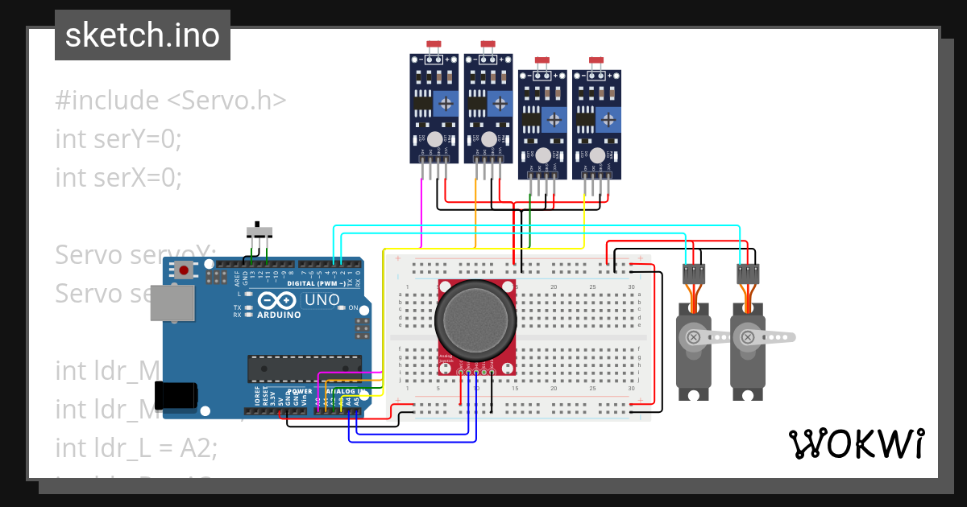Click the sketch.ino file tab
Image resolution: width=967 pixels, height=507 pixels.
143,35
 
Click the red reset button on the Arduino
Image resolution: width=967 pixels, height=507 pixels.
185,270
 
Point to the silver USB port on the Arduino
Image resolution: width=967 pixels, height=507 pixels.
172,303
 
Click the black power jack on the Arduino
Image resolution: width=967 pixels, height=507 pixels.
176,394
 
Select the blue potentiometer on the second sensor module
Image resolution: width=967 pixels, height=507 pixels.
500,103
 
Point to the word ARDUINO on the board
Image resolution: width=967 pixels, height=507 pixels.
278,315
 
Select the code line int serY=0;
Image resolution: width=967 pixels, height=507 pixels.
119,138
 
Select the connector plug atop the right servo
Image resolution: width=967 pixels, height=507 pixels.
749,274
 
